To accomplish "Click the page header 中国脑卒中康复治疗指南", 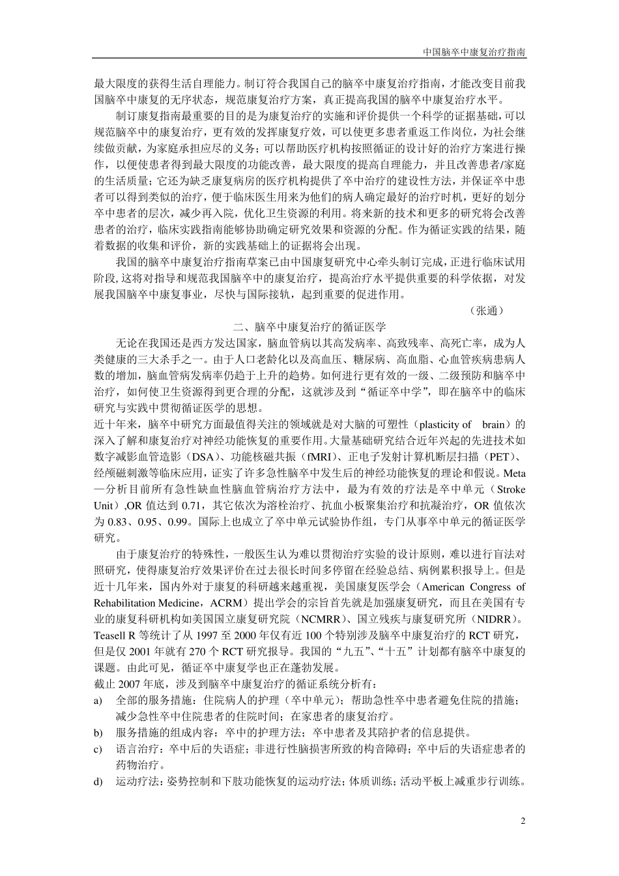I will (474, 51).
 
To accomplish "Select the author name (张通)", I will (486, 311).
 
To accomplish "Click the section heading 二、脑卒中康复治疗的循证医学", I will (309, 327).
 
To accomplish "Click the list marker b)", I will (98, 733).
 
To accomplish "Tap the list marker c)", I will (98, 749).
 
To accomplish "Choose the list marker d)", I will (98, 781).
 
